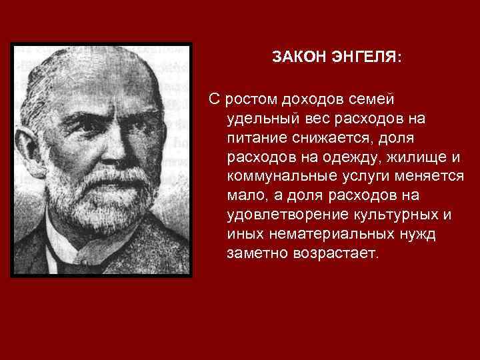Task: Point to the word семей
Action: pyautogui.click(x=373, y=99)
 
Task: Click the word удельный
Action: pyautogui.click(x=257, y=119)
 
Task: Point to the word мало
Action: pyautogui.click(x=243, y=196)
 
